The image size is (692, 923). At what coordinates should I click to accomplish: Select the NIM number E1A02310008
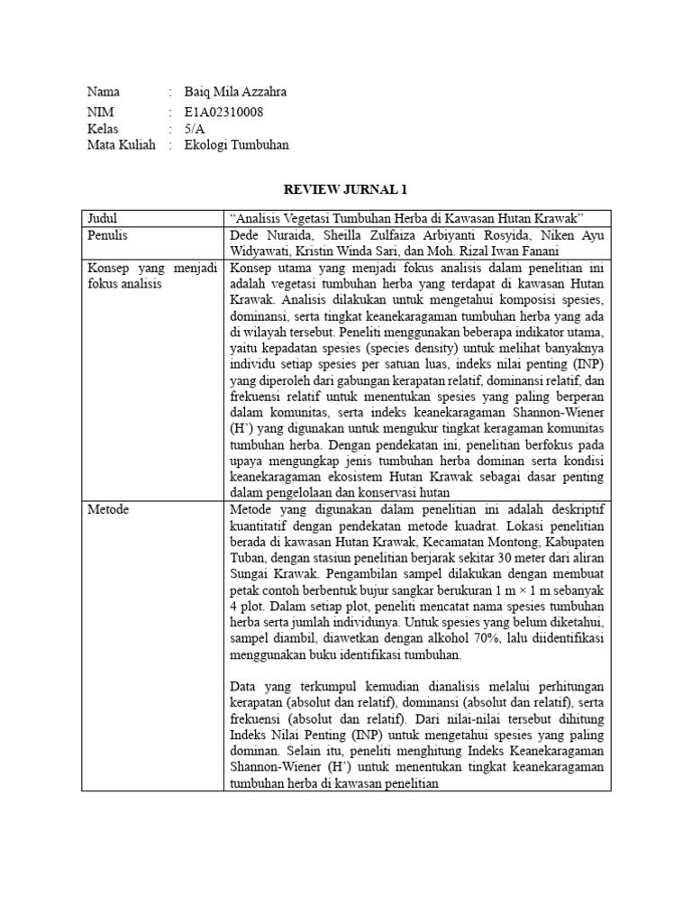coord(224,113)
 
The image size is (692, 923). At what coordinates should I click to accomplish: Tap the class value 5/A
coord(194,129)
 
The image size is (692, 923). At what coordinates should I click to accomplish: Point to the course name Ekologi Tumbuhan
coord(236,144)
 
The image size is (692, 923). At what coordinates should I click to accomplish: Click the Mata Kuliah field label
coord(121,144)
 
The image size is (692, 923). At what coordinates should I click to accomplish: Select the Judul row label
coord(103,218)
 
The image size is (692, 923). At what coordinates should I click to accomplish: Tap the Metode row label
coord(108,510)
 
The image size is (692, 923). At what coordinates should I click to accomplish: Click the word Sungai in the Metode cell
coord(250,575)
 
